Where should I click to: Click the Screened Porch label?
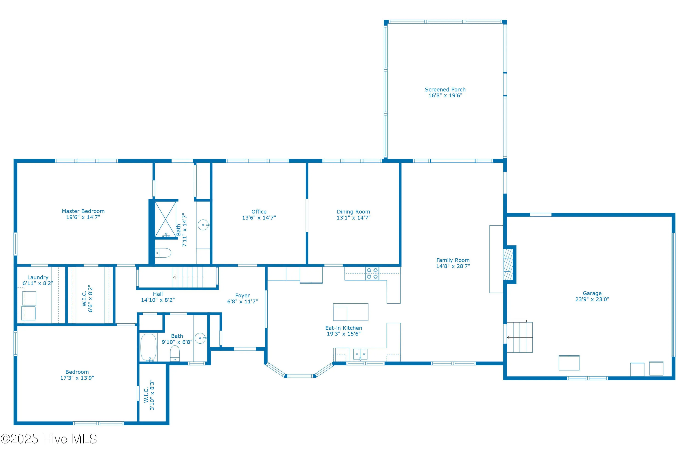pyautogui.click(x=445, y=89)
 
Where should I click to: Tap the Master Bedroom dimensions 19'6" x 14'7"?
pyautogui.click(x=83, y=217)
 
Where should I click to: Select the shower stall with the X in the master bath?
pyautogui.click(x=166, y=219)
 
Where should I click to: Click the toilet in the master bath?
pyautogui.click(x=164, y=253)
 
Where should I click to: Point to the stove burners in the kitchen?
pyautogui.click(x=372, y=273)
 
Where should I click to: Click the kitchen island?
pyautogui.click(x=351, y=312)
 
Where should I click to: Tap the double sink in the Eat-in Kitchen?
pyautogui.click(x=360, y=354)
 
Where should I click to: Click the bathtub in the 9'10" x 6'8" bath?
pyautogui.click(x=149, y=347)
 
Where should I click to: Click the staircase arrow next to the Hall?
pyautogui.click(x=187, y=277)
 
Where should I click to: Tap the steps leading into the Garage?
pyautogui.click(x=520, y=337)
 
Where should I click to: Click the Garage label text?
pyautogui.click(x=592, y=293)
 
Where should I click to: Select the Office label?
pyautogui.click(x=259, y=212)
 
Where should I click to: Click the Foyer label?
pyautogui.click(x=243, y=295)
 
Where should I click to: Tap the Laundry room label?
pyautogui.click(x=38, y=277)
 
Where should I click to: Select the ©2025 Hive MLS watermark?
pyautogui.click(x=49, y=439)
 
